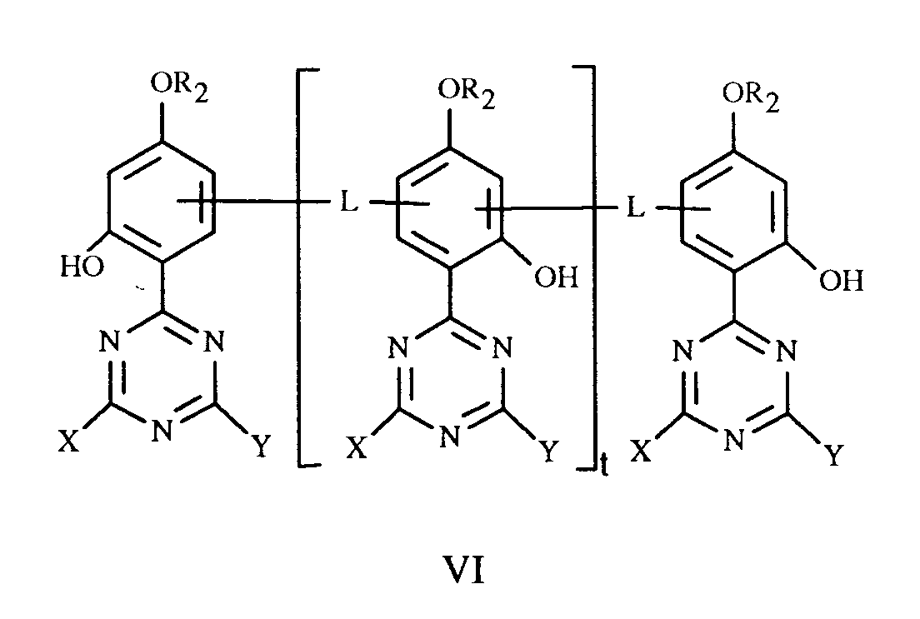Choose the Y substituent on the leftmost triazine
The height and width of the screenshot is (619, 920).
tap(262, 447)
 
